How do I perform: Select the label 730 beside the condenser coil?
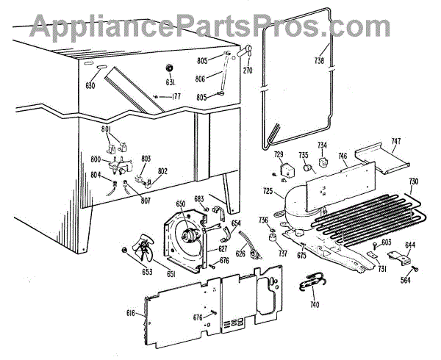[413, 181]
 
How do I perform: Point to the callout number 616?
[130, 313]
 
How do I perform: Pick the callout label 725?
[268, 192]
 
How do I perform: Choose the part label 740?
[315, 303]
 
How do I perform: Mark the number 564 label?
[406, 279]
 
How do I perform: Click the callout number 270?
[248, 71]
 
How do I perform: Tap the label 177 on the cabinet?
[176, 96]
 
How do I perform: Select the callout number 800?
[96, 159]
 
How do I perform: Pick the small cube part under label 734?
[321, 162]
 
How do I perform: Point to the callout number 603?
[386, 242]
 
